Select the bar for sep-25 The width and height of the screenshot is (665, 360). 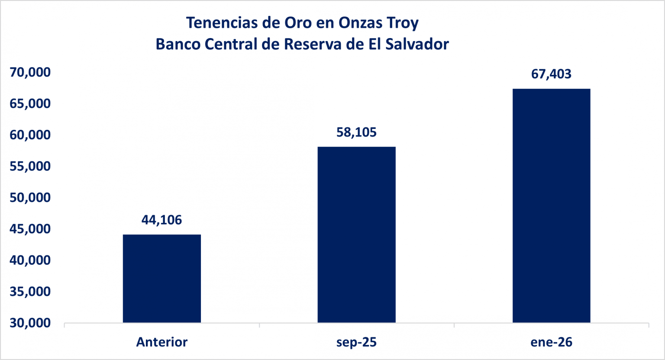click(x=356, y=235)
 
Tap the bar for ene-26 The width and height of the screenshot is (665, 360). click(x=551, y=206)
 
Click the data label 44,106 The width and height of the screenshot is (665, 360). click(x=162, y=220)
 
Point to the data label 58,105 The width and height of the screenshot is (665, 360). click(x=356, y=132)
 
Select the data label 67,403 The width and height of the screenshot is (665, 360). click(x=551, y=74)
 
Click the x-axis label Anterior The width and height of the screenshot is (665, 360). click(x=162, y=342)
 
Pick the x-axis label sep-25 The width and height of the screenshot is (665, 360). click(x=356, y=342)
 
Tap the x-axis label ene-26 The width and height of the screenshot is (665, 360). click(x=551, y=342)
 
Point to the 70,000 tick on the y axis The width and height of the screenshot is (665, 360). click(x=30, y=72)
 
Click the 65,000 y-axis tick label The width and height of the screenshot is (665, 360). click(x=30, y=103)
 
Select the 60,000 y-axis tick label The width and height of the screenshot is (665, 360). click(x=30, y=135)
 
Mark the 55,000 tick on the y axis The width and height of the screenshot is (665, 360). click(x=30, y=166)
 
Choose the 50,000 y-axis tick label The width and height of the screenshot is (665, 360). click(x=30, y=198)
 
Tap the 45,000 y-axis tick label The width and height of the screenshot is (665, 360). click(x=30, y=229)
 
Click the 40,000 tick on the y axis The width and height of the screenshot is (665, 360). click(x=30, y=260)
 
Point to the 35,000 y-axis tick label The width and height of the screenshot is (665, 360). click(x=30, y=292)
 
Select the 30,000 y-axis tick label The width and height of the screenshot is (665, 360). click(x=30, y=323)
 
